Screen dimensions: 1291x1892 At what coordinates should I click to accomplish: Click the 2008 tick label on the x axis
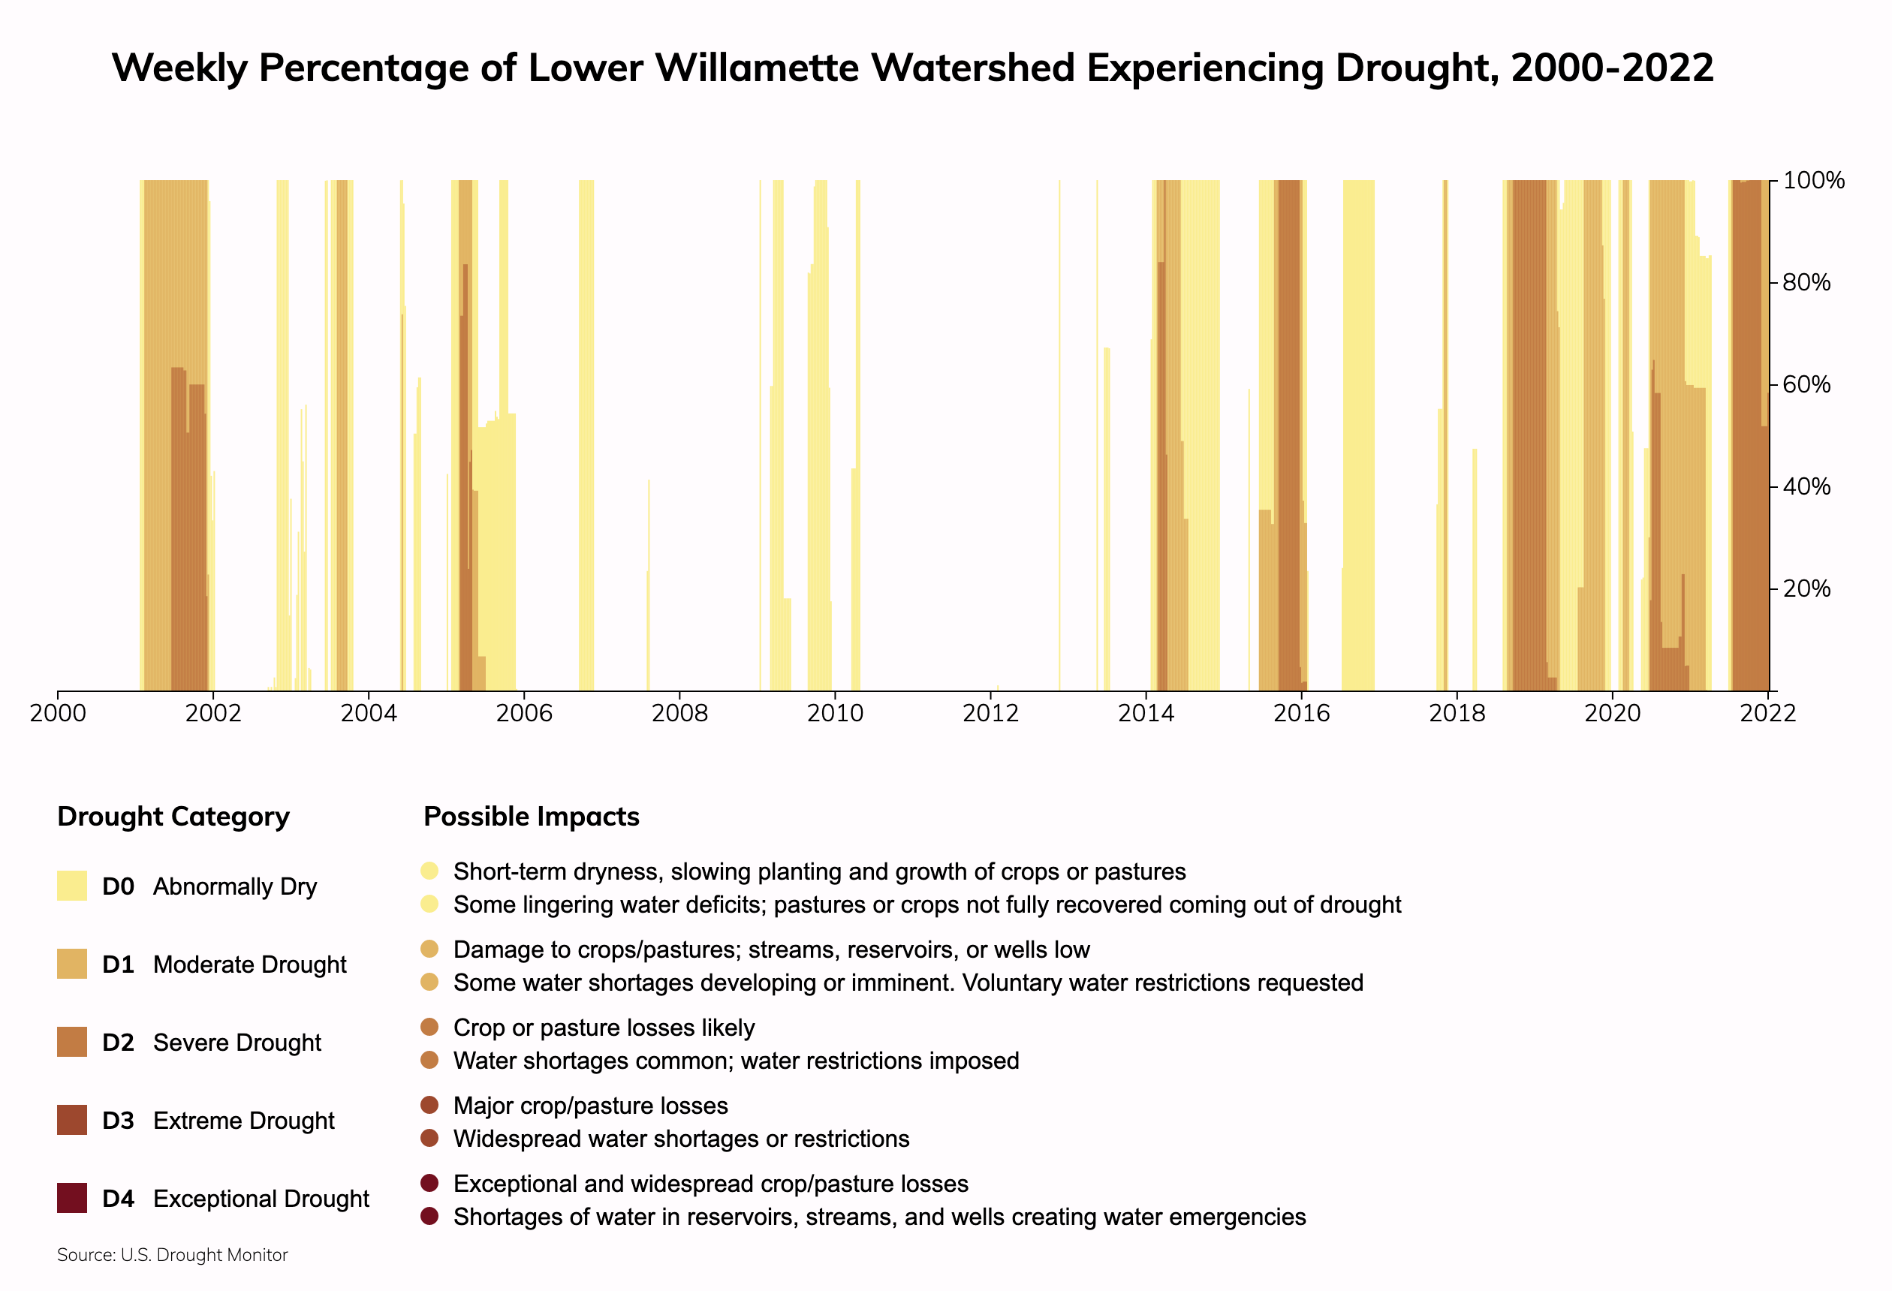(679, 714)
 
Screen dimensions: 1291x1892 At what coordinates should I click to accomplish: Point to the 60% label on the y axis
(1806, 384)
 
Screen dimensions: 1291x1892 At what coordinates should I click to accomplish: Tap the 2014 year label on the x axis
(1146, 714)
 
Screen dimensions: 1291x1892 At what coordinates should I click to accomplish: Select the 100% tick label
(1813, 181)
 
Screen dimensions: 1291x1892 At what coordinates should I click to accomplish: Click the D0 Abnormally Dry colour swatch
(71, 886)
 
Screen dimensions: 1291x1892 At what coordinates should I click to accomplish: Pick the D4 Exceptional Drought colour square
(71, 1198)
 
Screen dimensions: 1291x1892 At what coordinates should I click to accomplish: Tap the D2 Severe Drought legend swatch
(71, 1042)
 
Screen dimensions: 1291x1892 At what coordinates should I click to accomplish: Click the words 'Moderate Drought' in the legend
(249, 964)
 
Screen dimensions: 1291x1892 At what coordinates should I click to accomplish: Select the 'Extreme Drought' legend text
(243, 1121)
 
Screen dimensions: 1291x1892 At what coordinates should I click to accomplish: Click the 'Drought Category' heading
(173, 817)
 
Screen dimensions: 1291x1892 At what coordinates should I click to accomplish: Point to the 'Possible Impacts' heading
(532, 817)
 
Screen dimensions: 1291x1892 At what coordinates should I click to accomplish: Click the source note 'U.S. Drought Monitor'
(203, 1255)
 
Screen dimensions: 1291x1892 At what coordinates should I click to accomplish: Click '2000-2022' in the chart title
(1612, 68)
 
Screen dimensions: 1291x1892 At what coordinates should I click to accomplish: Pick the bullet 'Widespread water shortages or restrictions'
(681, 1139)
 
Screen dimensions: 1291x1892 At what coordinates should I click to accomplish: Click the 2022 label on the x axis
(1767, 714)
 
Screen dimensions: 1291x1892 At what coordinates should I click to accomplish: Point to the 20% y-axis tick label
(1806, 588)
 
